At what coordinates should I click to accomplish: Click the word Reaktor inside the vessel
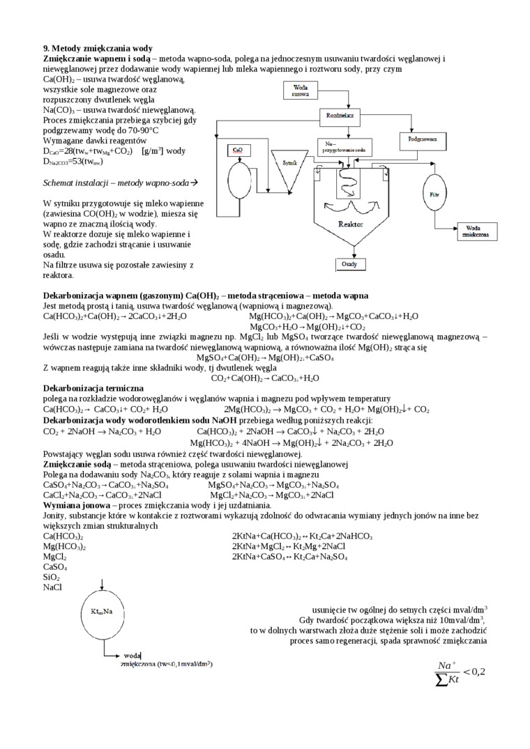coord(350,224)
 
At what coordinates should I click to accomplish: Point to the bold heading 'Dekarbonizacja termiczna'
coord(93,387)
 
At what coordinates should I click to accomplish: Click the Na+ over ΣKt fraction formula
coord(458,671)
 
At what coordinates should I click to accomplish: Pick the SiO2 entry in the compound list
coord(52,578)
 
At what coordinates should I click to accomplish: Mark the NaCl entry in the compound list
coord(52,587)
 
